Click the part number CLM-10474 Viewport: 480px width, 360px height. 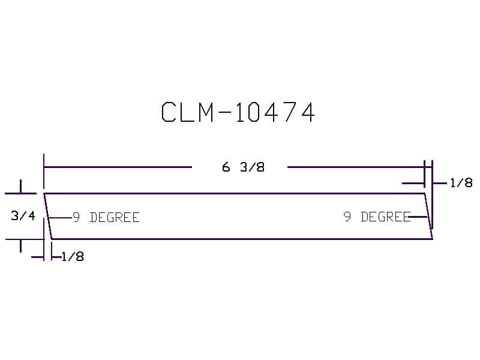pyautogui.click(x=238, y=112)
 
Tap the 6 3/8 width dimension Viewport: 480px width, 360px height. pyautogui.click(x=243, y=167)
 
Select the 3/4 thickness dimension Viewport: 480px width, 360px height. pyautogui.click(x=23, y=216)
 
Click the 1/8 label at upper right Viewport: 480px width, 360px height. pyautogui.click(x=461, y=183)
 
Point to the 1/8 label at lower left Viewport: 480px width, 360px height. pyautogui.click(x=73, y=257)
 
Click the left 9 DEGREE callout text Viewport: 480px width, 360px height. pyautogui.click(x=106, y=217)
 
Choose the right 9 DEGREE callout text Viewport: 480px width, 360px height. pyautogui.click(x=377, y=217)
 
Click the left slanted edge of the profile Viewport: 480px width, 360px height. pyautogui.click(x=47, y=216)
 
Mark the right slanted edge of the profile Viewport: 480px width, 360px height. pyautogui.click(x=428, y=216)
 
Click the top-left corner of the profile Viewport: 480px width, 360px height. pyautogui.click(x=44, y=194)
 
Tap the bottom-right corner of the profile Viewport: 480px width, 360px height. pyautogui.click(x=432, y=239)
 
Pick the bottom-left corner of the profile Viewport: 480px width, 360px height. pyautogui.click(x=52, y=239)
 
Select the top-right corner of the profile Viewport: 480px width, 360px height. pyautogui.click(x=425, y=194)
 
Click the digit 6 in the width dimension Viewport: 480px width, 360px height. pyautogui.click(x=226, y=167)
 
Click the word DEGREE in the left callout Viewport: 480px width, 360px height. pyautogui.click(x=114, y=217)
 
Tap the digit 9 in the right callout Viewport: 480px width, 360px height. pyautogui.click(x=347, y=217)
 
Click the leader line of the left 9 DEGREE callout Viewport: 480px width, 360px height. pyautogui.click(x=60, y=217)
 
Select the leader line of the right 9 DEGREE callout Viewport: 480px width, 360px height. pyautogui.click(x=418, y=217)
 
